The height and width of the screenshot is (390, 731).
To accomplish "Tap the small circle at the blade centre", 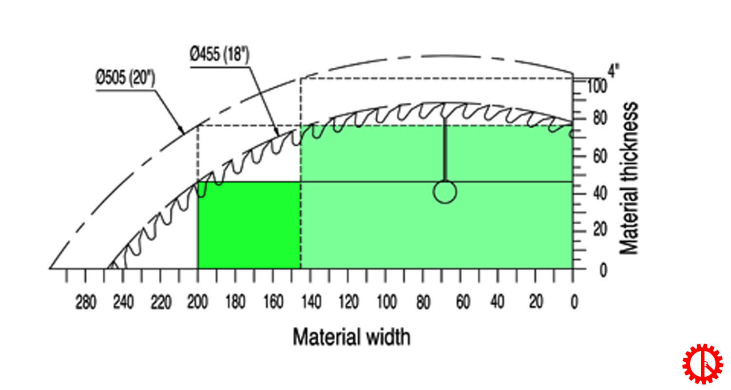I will click(444, 192).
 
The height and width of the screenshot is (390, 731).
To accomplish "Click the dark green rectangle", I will click(249, 225).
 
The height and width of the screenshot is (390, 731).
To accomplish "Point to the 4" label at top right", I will click(613, 71).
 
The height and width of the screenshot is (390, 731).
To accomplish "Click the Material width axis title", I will click(351, 337).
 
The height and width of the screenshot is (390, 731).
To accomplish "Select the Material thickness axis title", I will click(629, 178).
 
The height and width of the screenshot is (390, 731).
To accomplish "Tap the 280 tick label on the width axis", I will click(86, 303).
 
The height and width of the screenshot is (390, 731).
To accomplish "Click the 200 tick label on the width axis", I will click(197, 303).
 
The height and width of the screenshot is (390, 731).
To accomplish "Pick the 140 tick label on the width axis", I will click(310, 303).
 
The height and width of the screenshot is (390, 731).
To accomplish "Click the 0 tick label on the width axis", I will click(574, 303).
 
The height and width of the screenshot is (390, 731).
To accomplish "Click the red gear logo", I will click(702, 363).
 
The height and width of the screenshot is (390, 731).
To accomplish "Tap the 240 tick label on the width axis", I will click(123, 303).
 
